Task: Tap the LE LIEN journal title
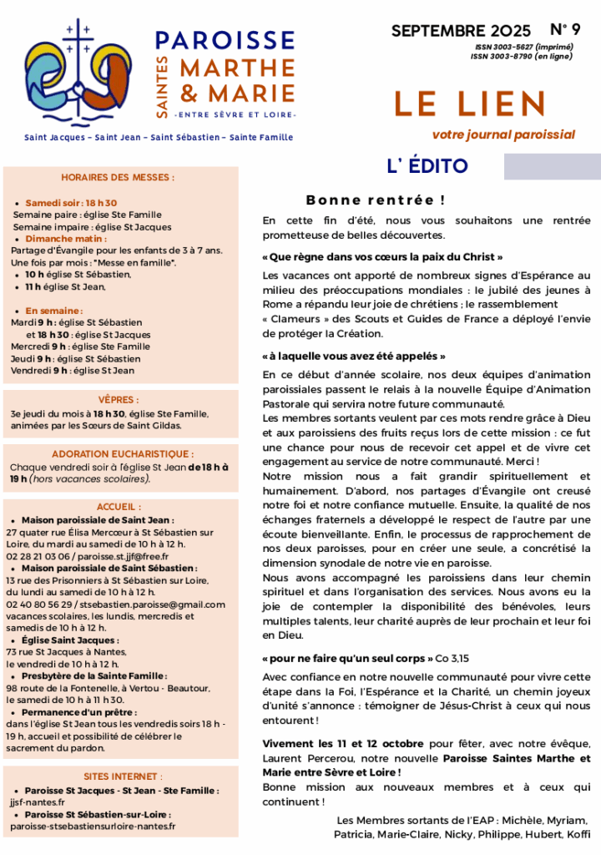(470, 104)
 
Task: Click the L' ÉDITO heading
(427, 166)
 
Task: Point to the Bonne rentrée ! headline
(375, 200)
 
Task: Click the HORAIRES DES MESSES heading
(118, 177)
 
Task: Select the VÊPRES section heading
(119, 400)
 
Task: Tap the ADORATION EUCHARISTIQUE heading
(118, 453)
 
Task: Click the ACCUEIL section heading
(119, 507)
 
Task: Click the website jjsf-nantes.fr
(37, 802)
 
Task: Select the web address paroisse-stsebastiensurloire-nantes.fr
(93, 827)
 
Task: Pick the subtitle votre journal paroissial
(503, 134)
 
